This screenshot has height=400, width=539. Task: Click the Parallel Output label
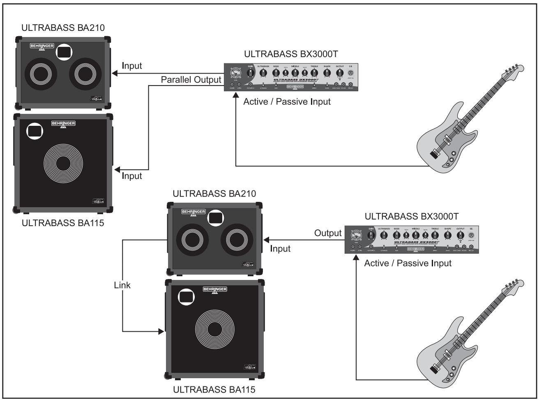(191, 80)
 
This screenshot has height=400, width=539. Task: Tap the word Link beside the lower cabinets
(122, 285)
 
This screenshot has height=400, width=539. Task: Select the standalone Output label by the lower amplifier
(328, 233)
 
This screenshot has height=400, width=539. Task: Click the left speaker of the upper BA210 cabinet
(41, 76)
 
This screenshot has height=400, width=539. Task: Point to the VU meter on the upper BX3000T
(235, 74)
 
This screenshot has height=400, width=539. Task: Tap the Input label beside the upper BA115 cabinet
(132, 176)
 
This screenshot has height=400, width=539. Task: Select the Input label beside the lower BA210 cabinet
(281, 249)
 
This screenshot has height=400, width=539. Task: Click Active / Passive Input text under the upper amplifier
(287, 102)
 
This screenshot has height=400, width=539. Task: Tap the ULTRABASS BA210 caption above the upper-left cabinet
(63, 28)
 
